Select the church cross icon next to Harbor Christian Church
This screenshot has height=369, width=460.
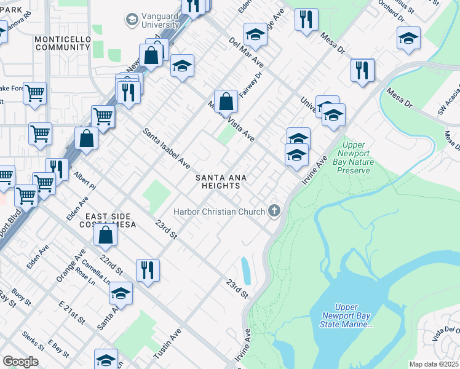[x=274, y=211]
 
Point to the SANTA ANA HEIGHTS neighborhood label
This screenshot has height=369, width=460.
[x=221, y=183]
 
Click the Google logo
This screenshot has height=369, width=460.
[x=20, y=361]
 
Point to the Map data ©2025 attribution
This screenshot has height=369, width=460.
[x=433, y=364]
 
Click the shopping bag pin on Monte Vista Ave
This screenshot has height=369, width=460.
[x=226, y=101]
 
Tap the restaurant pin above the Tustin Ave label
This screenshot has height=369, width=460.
[x=148, y=269]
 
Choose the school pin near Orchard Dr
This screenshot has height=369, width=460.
[x=408, y=39]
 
